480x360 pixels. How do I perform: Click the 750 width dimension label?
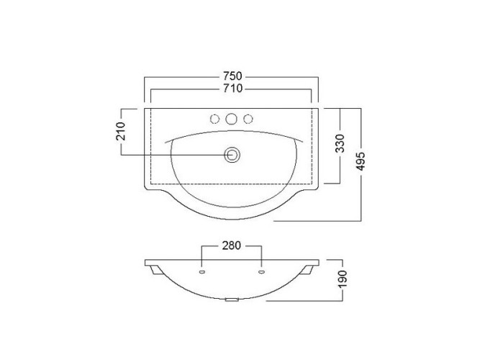pos(232,76)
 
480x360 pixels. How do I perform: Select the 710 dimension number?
pos(232,89)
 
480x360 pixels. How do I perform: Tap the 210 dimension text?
pos(121,131)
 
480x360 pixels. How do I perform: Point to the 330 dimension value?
pos(340,143)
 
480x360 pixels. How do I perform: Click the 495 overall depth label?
pos(361,161)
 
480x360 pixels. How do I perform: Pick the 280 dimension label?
pos(232,246)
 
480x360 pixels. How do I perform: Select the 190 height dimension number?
pos(343,279)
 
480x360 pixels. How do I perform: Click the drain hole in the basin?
pos(232,155)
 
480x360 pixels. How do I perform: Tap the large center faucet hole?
pos(231,119)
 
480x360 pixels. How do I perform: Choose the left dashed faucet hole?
pos(215,119)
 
